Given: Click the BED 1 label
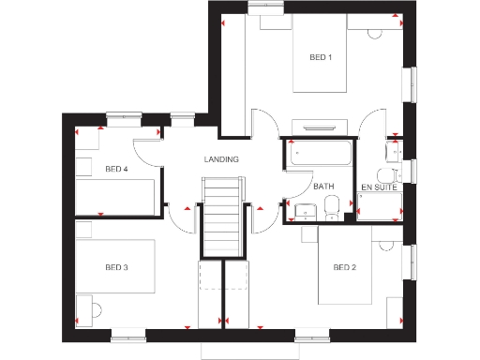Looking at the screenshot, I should pyautogui.click(x=321, y=57).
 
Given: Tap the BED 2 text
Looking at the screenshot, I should pyautogui.click(x=344, y=268).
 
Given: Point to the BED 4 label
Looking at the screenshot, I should pyautogui.click(x=116, y=170).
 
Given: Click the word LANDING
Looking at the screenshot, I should pyautogui.click(x=221, y=159).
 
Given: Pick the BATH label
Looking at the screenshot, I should pyautogui.click(x=323, y=187).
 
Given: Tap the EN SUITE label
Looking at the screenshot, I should pyautogui.click(x=379, y=187).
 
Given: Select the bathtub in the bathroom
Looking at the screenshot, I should pyautogui.click(x=320, y=153).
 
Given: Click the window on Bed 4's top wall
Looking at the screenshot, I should pyautogui.click(x=123, y=116).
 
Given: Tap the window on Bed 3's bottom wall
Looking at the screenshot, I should pyautogui.click(x=127, y=332).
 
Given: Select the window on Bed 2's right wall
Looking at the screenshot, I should pyautogui.click(x=408, y=262).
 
